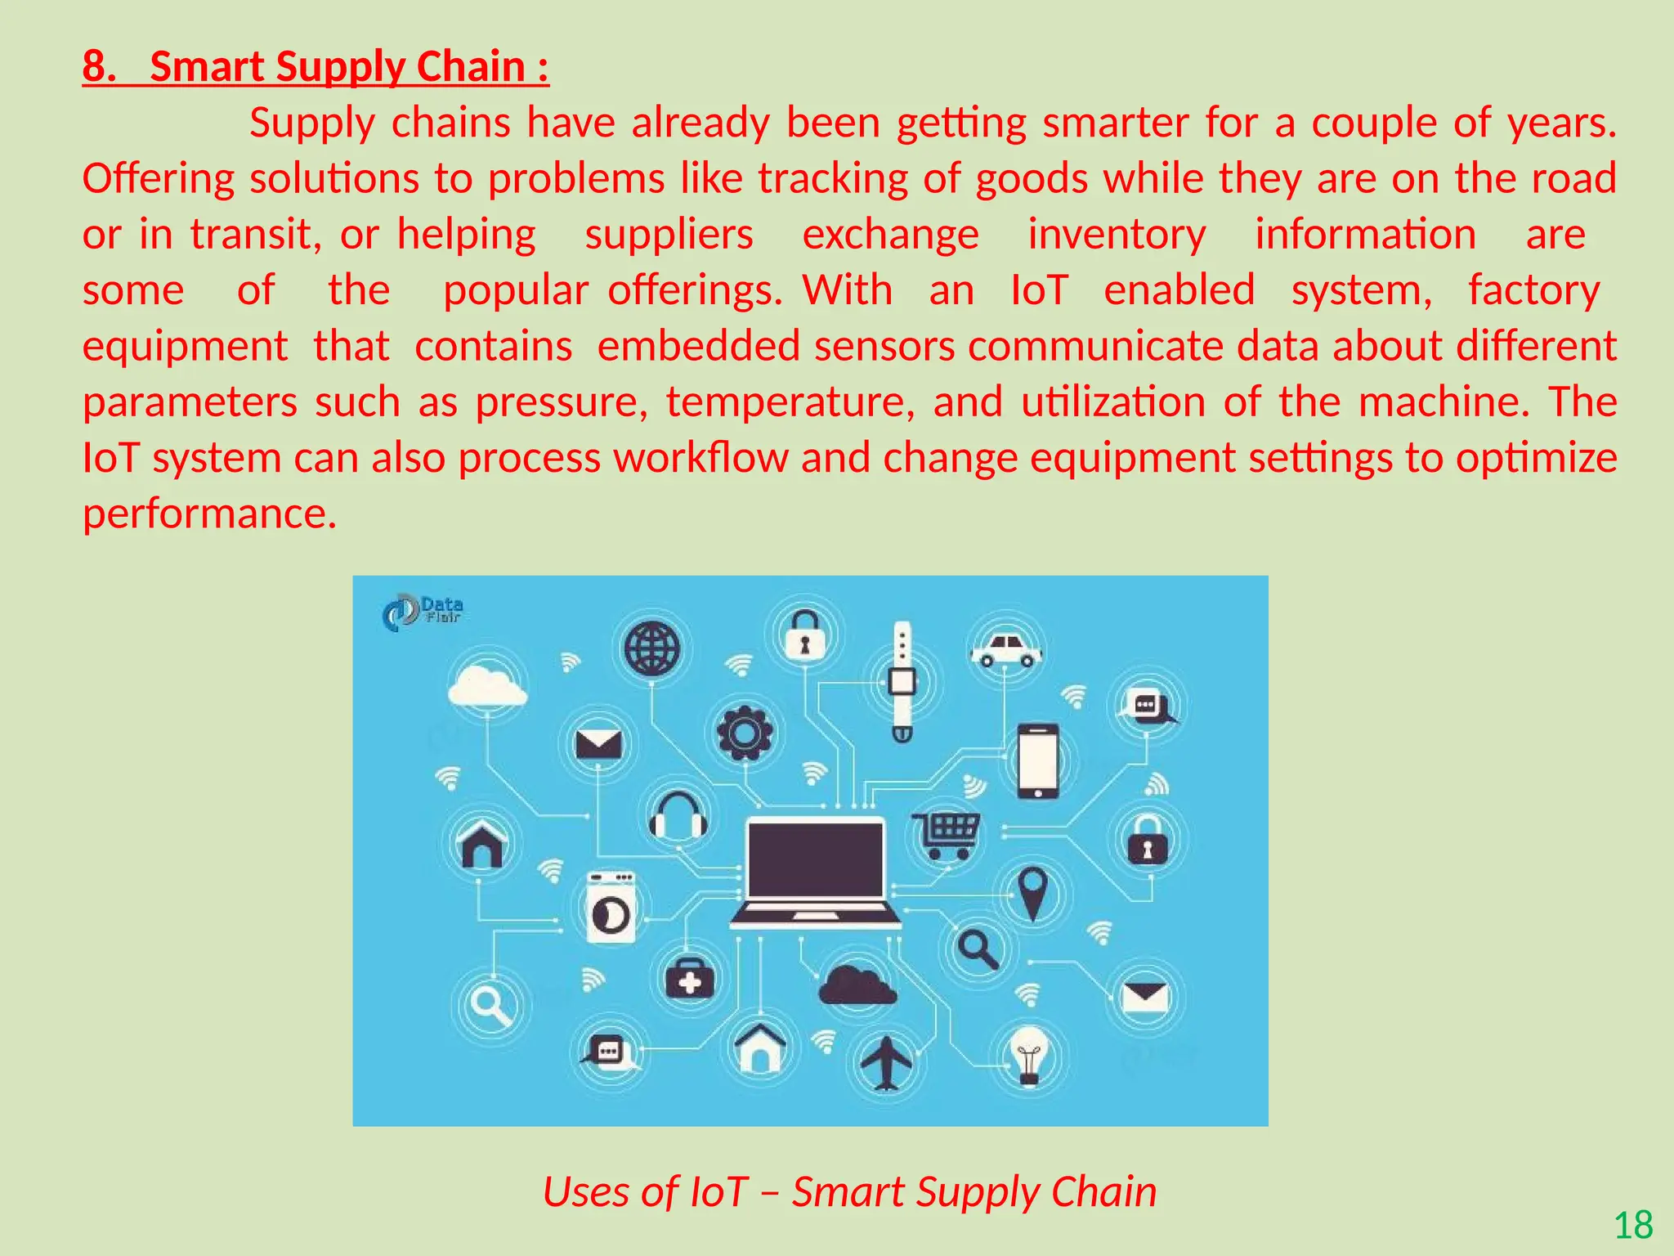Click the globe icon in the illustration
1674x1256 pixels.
point(651,648)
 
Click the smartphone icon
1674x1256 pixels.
point(1037,760)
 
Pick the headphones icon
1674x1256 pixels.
point(678,815)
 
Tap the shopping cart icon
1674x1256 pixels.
point(947,834)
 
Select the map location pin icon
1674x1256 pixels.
point(1033,892)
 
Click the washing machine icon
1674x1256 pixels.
point(611,908)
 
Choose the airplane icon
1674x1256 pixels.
point(886,1062)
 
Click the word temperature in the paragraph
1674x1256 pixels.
point(790,402)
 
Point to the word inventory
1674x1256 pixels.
point(1117,235)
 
